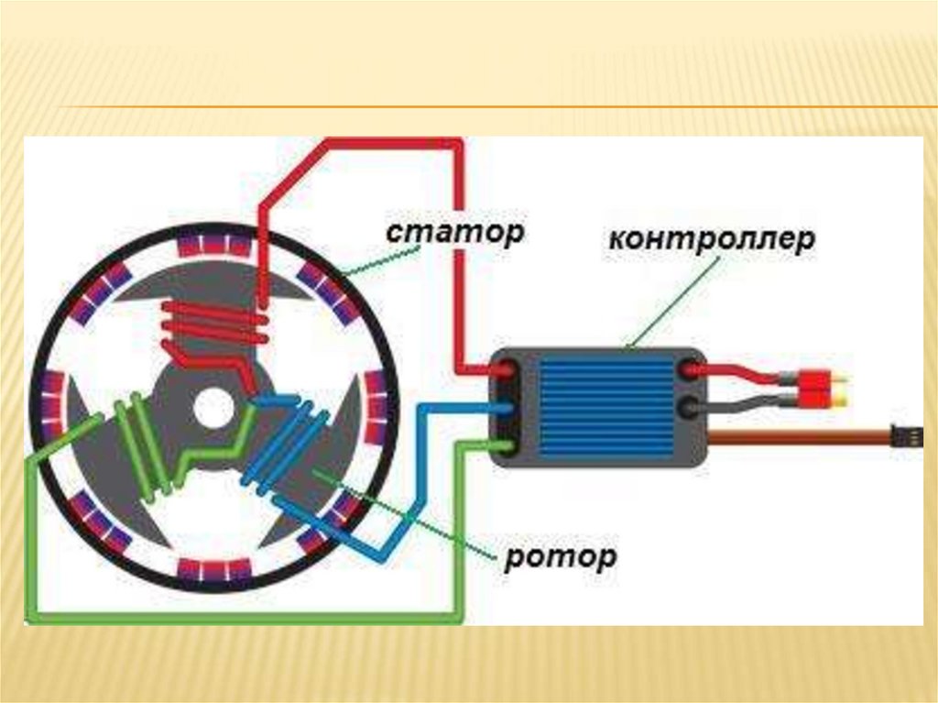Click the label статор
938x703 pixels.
click(454, 233)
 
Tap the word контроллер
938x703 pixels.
click(711, 242)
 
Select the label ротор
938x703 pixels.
click(560, 557)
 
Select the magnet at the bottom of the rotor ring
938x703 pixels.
click(213, 570)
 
